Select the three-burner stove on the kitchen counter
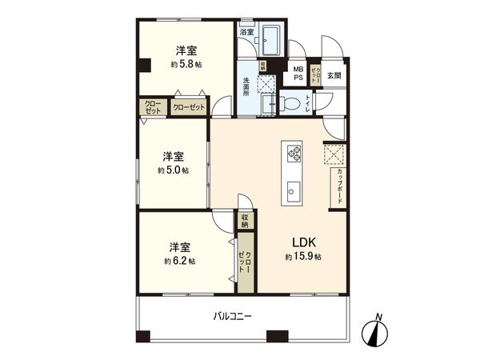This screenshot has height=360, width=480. coord(293,151)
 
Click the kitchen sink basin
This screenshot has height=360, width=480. coord(293,190)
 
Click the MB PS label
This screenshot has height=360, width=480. coord(298,74)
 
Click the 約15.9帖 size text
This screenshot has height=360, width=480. coord(302,257)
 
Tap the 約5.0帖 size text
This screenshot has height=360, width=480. coord(173,170)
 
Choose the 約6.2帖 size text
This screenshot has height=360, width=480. coord(180,261)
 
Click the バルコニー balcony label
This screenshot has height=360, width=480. coord(232,317)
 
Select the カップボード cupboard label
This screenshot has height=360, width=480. coord(341,186)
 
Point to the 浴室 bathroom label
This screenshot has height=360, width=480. coord(247,32)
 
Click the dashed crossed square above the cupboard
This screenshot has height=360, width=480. coord(334,153)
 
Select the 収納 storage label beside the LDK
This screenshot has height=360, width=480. coord(246,222)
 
